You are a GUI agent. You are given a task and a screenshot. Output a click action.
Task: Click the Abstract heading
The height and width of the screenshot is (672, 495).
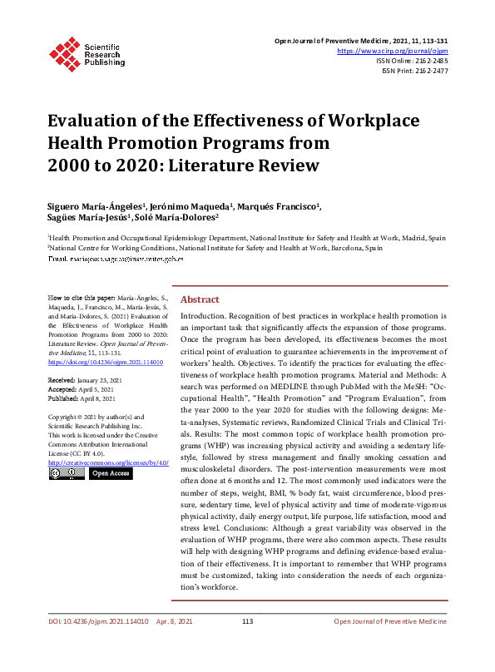coord(200,299)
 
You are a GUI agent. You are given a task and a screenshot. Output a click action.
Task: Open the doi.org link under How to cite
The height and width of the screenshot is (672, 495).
coord(106,363)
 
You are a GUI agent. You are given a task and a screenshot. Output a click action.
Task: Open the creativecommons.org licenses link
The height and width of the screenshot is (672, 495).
coord(108,462)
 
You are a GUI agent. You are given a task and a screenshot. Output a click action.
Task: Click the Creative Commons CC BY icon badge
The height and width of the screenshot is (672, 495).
coord(67,473)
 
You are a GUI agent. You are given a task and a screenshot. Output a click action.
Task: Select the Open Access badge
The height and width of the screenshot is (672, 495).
coord(110,473)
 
